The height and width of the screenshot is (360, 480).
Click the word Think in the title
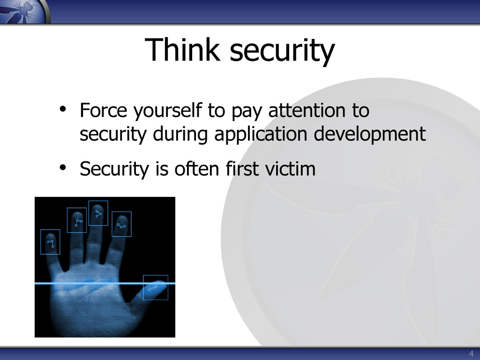coord(182,49)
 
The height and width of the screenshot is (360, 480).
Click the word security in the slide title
coord(282,52)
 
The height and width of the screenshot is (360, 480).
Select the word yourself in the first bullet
coord(168,111)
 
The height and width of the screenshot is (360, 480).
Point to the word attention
coord(307,110)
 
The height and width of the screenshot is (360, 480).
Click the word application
coord(261,135)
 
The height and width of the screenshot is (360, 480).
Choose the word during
coord(180,135)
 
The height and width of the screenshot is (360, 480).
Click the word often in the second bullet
coord(197,169)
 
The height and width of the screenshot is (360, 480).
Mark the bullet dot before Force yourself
coord(63,109)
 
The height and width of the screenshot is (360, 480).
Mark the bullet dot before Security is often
coord(63,167)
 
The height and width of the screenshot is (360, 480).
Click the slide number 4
coord(471,353)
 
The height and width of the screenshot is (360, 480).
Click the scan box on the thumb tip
coord(156,276)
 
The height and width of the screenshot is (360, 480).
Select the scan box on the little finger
coord(50,230)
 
